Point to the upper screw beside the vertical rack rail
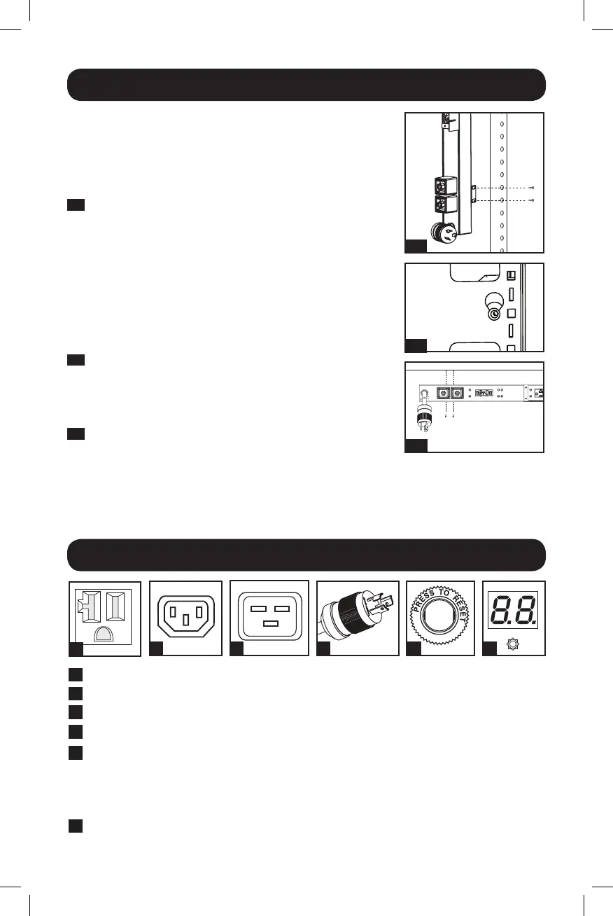tap(533, 188)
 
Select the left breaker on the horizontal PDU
tap(443, 394)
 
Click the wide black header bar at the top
tap(306, 85)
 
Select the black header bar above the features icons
tap(306, 555)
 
